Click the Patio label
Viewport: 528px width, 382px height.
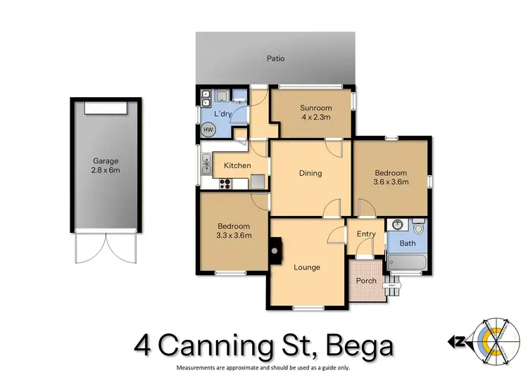pyautogui.click(x=276, y=59)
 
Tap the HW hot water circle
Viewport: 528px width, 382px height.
pyautogui.click(x=208, y=129)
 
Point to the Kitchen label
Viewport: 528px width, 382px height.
pyautogui.click(x=237, y=165)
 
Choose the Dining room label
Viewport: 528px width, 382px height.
pyautogui.click(x=310, y=173)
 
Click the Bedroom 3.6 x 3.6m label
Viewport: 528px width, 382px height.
pyautogui.click(x=391, y=177)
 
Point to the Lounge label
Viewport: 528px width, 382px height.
pyautogui.click(x=307, y=267)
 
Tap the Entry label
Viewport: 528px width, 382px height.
pyautogui.click(x=366, y=234)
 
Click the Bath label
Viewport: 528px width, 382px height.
pyautogui.click(x=407, y=244)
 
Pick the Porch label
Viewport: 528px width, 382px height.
pyautogui.click(x=366, y=281)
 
